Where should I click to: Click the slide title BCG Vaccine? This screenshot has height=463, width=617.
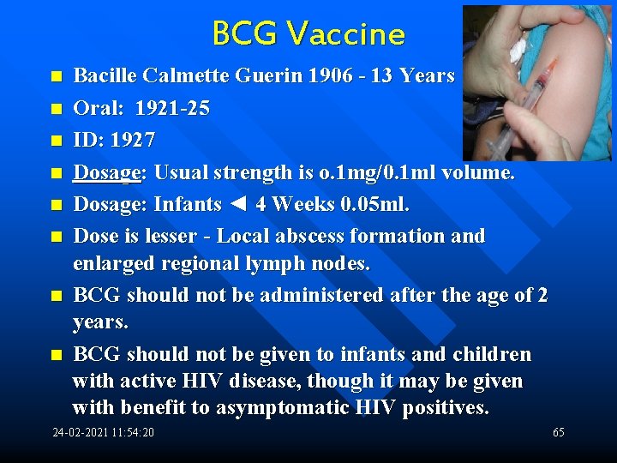tap(308, 34)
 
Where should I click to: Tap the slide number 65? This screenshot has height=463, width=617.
tap(558, 432)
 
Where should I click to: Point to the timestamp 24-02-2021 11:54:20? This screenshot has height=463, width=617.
tap(104, 432)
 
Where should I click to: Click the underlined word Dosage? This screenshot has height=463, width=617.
tap(107, 172)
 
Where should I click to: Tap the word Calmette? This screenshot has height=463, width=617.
tap(182, 75)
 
